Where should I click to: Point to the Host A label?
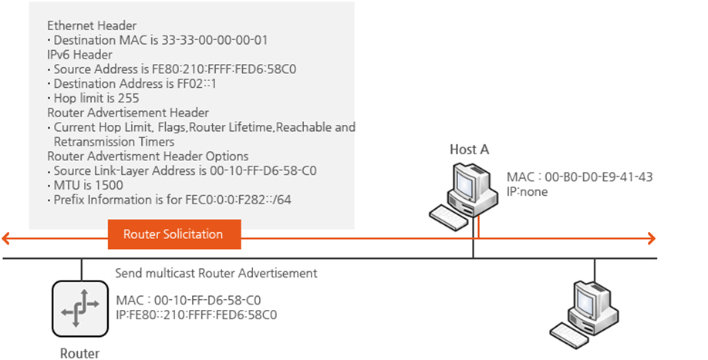[x=469, y=150]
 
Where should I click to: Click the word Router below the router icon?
[x=79, y=353]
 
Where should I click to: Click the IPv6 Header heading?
[x=79, y=54]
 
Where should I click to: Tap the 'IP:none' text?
[x=527, y=191]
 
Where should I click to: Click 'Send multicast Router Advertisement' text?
[x=216, y=273]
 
